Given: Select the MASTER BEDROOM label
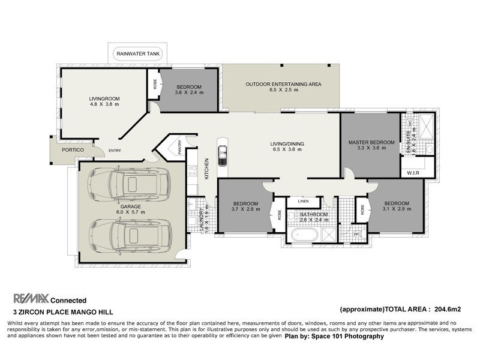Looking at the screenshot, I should coord(371,142).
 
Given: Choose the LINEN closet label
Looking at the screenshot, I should coord(304,202).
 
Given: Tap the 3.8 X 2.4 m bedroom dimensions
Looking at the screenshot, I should coord(189,92).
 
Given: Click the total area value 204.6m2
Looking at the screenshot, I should coord(448,310).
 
